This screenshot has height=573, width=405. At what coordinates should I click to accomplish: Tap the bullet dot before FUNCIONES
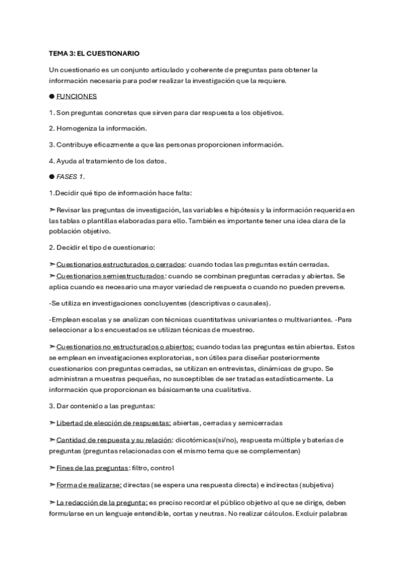tap(52, 97)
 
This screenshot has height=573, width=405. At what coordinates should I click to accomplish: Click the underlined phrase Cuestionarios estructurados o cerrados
tap(116, 264)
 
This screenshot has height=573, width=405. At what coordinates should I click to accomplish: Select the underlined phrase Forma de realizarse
tap(89, 484)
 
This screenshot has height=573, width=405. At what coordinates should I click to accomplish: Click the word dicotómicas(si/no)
tap(214, 440)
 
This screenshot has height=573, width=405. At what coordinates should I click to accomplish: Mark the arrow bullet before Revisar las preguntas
tap(52, 209)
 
